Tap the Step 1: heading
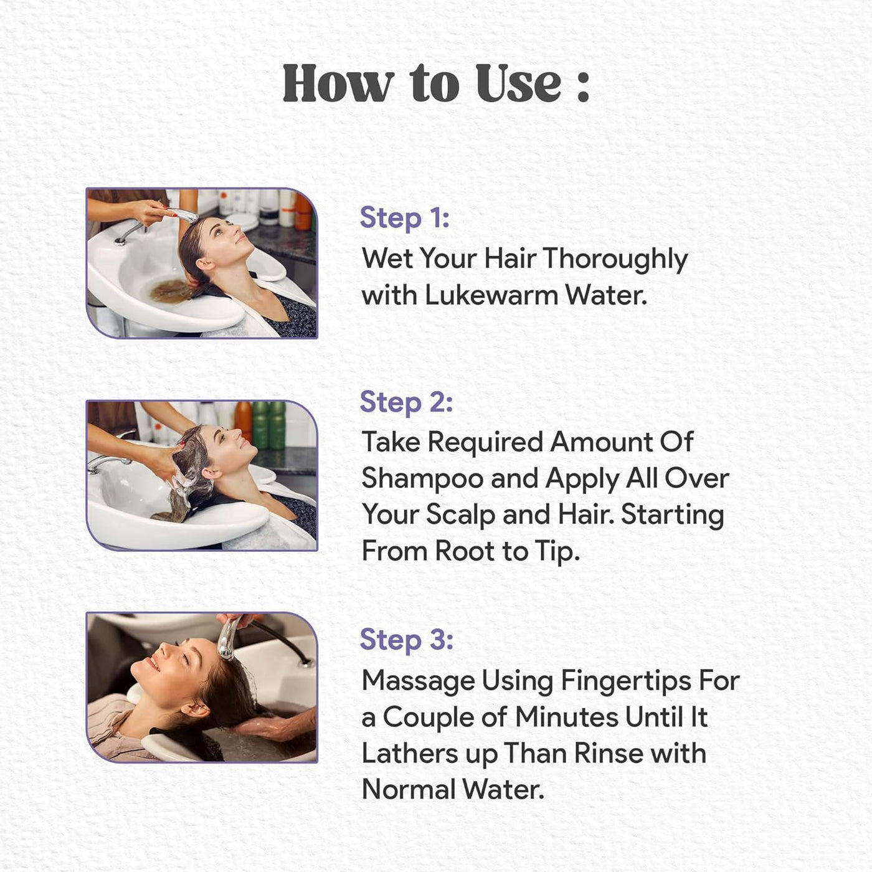pyautogui.click(x=405, y=218)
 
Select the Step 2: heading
pyautogui.click(x=406, y=402)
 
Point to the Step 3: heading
pyautogui.click(x=406, y=641)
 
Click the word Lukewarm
pyautogui.click(x=491, y=295)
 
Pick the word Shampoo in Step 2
pyautogui.click(x=423, y=480)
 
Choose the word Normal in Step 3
pyautogui.click(x=409, y=790)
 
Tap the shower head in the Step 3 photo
pyautogui.click(x=227, y=638)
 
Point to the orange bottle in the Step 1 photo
pyautogui.click(x=303, y=211)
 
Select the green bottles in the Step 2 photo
pyautogui.click(x=269, y=425)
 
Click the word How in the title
pyautogui.click(x=338, y=83)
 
